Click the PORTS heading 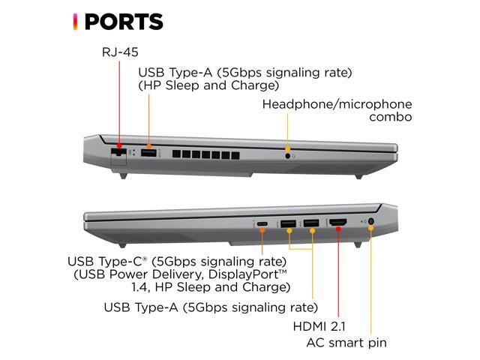[123, 22]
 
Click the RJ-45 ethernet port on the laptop [118, 153]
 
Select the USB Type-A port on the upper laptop [148, 153]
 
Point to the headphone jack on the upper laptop [288, 155]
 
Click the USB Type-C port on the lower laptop [262, 223]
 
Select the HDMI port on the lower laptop [338, 223]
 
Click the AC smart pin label [346, 343]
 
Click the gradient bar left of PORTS [74, 22]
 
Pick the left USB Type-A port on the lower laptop [289, 223]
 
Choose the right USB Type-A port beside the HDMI [310, 223]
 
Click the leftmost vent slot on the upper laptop [177, 154]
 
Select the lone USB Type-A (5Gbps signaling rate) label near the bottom [210, 307]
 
